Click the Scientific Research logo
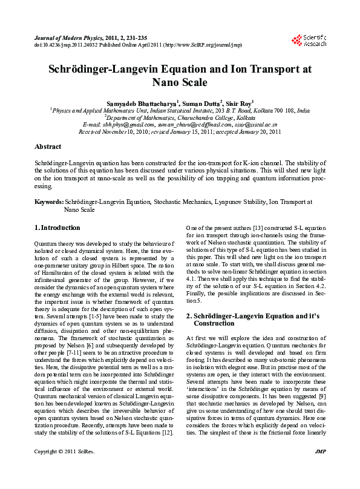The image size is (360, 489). tap(309, 41)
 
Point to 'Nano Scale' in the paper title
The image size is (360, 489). tap(180, 82)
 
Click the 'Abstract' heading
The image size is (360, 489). tap(48, 146)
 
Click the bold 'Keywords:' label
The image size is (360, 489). tap(49, 201)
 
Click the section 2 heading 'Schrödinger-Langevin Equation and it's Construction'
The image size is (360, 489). tap(253, 320)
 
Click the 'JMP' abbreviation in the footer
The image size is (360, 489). tap(321, 469)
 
